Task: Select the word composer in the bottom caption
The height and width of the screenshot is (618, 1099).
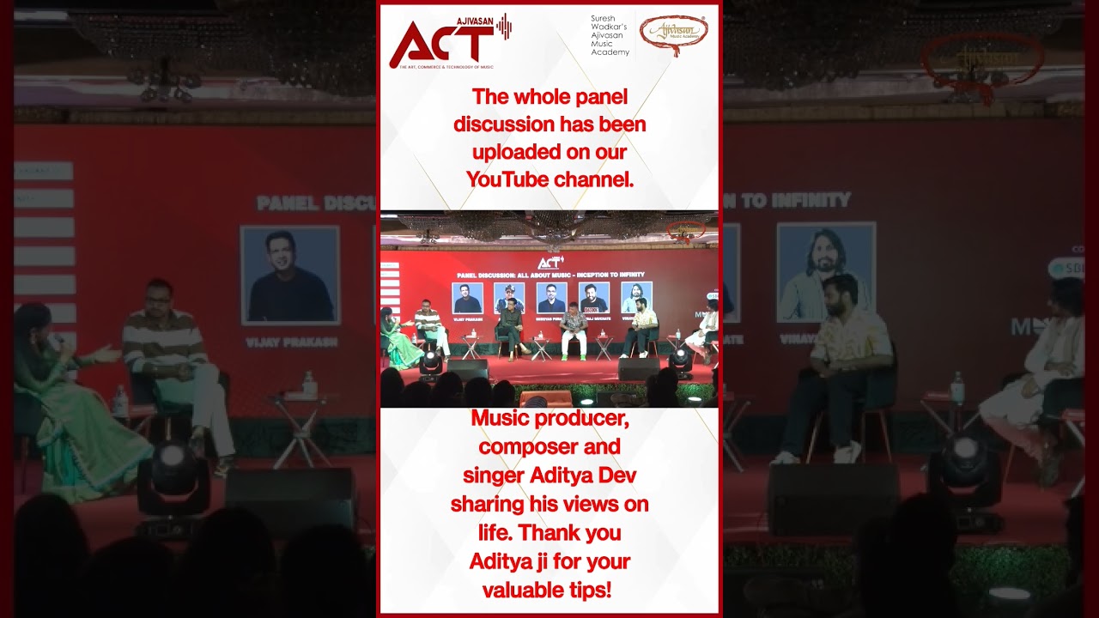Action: click(x=549, y=447)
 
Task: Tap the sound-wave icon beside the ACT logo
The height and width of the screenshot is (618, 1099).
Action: click(x=504, y=27)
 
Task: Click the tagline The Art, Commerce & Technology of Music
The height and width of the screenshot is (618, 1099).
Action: click(x=441, y=67)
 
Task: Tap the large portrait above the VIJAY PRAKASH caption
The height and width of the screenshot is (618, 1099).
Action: click(x=289, y=275)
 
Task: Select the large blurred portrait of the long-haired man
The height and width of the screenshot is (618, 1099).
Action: click(x=826, y=271)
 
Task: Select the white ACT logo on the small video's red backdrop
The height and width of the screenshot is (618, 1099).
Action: click(x=550, y=263)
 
